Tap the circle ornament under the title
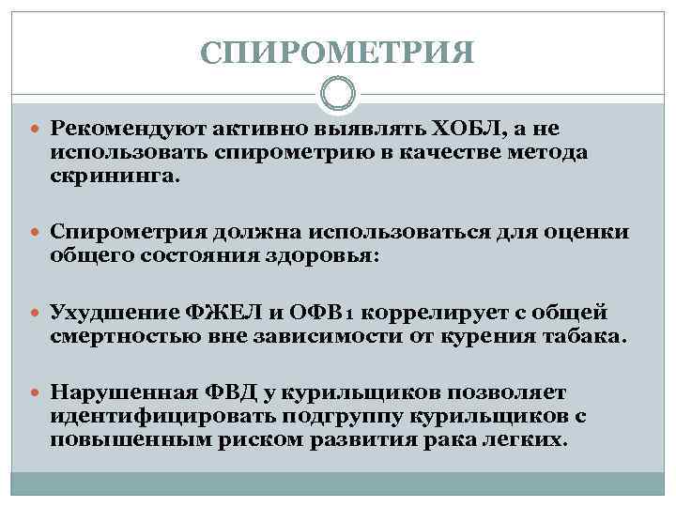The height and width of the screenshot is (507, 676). coord(338,94)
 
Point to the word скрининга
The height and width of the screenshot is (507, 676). coord(112,176)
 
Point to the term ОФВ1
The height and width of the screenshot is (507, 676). coord(339,311)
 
